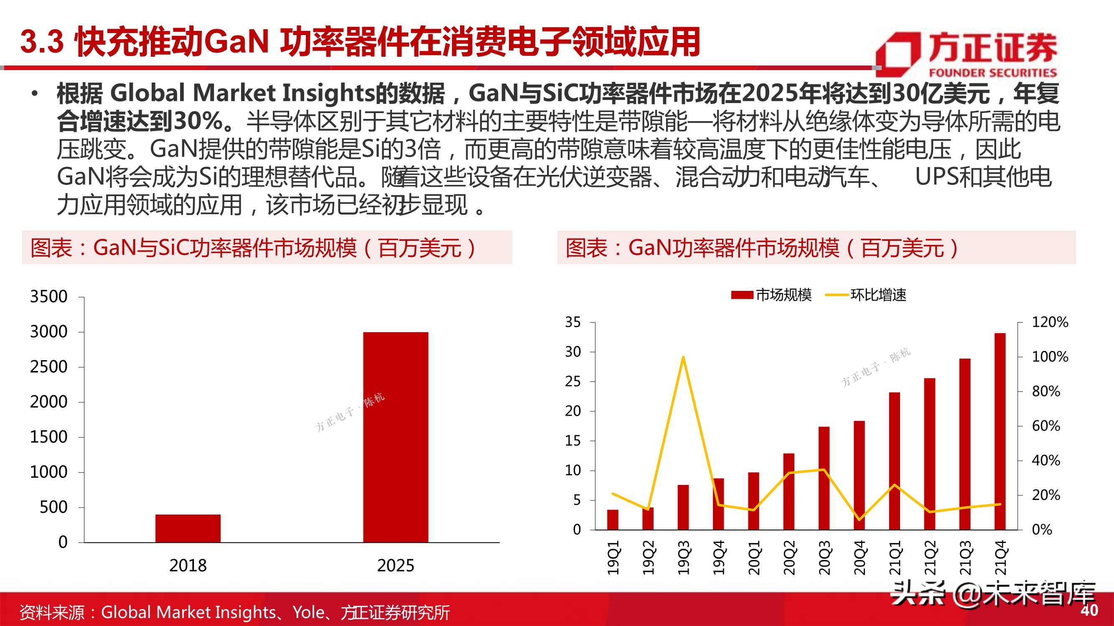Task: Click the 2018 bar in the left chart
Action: pyautogui.click(x=188, y=528)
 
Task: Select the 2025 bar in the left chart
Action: pyautogui.click(x=395, y=437)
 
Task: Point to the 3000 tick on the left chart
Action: pyautogui.click(x=49, y=332)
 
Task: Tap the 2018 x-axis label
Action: pyautogui.click(x=188, y=565)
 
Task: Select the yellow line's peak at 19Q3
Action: pyautogui.click(x=683, y=357)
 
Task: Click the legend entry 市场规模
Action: pyautogui.click(x=771, y=295)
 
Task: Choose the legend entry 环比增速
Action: pyautogui.click(x=866, y=295)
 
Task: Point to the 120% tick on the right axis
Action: pyautogui.click(x=1050, y=322)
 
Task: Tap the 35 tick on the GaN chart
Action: pyautogui.click(x=572, y=322)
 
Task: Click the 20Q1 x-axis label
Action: pyautogui.click(x=754, y=557)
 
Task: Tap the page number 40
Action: pyautogui.click(x=1089, y=610)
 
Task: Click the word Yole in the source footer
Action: pyautogui.click(x=308, y=612)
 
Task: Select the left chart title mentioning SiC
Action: pyautogui.click(x=253, y=248)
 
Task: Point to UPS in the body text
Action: pyautogui.click(x=936, y=177)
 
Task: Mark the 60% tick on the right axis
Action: pyautogui.click(x=1045, y=426)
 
